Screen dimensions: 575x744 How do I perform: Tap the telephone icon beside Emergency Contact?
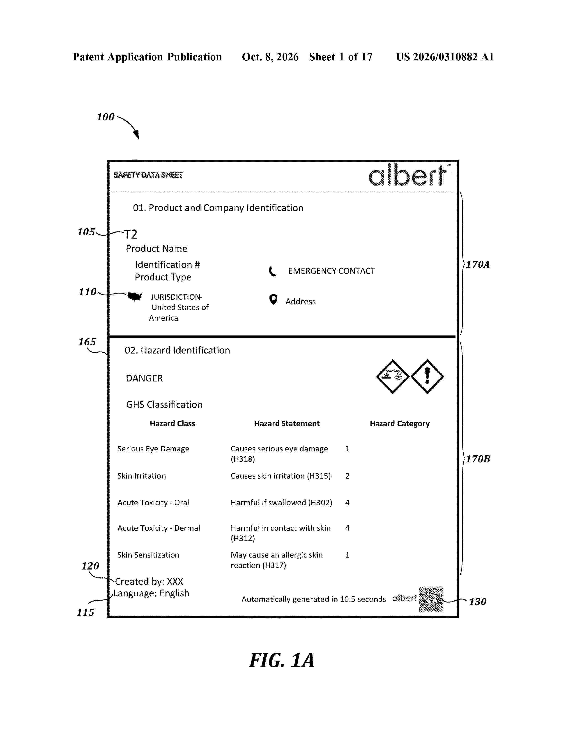click(x=273, y=271)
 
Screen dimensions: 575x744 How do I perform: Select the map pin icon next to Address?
click(x=273, y=299)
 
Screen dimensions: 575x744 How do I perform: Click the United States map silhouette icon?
click(x=135, y=296)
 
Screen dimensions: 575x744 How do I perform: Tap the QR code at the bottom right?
click(x=431, y=599)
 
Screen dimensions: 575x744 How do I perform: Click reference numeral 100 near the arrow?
click(x=106, y=117)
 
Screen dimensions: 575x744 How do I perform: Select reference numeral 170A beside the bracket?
click(x=478, y=264)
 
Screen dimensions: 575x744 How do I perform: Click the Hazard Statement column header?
click(x=287, y=423)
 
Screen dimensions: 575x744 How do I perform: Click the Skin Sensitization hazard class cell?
click(x=148, y=555)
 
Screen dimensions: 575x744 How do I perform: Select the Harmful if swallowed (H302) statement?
click(x=281, y=503)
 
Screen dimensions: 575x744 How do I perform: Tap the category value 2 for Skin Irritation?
click(x=347, y=476)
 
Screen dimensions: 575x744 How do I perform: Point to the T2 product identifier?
click(x=131, y=234)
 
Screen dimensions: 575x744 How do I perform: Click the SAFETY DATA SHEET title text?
click(x=148, y=175)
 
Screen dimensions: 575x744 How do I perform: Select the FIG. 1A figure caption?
click(x=282, y=661)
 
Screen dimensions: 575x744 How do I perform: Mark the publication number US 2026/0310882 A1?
click(x=445, y=57)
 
